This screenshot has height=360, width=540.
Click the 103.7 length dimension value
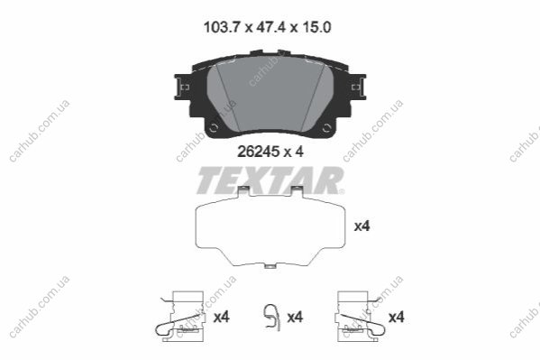pos(221,27)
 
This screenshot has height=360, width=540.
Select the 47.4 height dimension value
pos(271,27)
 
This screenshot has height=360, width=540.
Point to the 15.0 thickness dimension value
pos(316,27)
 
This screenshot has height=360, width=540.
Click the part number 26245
pos(259,152)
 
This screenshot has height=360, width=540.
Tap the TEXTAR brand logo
pos(270,180)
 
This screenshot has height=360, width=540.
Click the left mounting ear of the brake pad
pos(183,87)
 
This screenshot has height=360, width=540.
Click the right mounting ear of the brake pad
pos(358,87)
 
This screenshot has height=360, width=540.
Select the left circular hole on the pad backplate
pos(214,128)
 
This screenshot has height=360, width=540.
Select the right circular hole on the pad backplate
pos(326,128)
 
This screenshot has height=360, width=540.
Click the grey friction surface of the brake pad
pos(270,94)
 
